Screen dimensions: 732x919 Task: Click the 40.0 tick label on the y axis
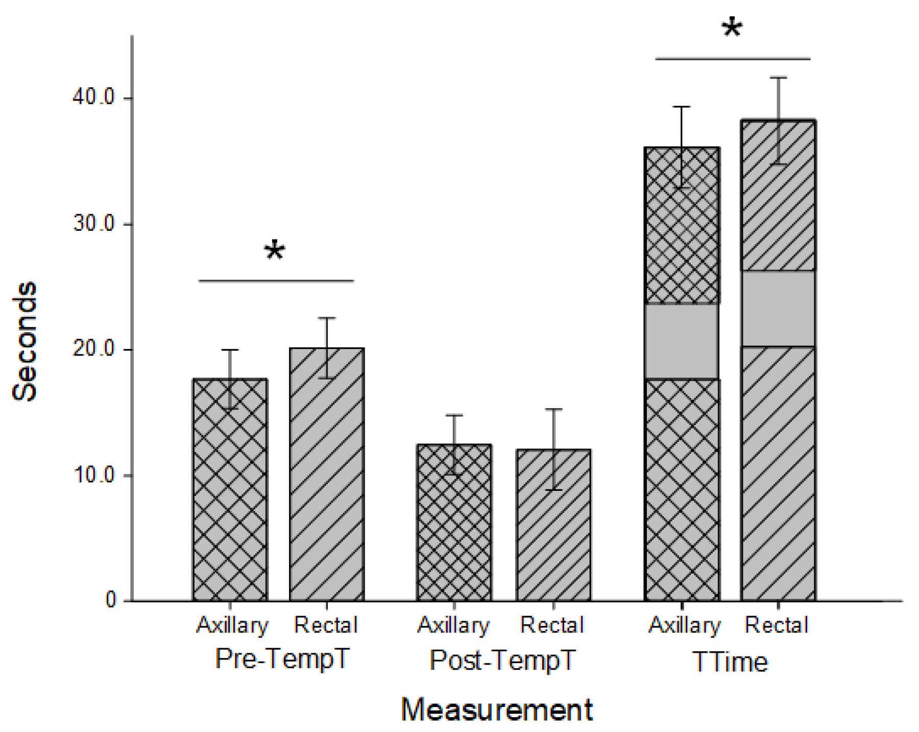pyautogui.click(x=94, y=97)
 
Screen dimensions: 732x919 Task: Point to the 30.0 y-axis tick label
pyautogui.click(x=94, y=223)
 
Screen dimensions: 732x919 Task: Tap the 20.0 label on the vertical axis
pyautogui.click(x=94, y=349)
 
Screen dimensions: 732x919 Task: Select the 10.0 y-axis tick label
pyautogui.click(x=94, y=475)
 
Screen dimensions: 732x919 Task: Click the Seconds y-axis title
pyautogui.click(x=25, y=341)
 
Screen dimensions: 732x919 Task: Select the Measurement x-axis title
pyautogui.click(x=496, y=710)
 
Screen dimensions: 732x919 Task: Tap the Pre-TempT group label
pyautogui.click(x=282, y=658)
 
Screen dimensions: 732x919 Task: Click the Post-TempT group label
pyautogui.click(x=502, y=660)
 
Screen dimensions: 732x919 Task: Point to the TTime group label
pyautogui.click(x=730, y=662)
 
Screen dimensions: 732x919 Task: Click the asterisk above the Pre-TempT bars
pyautogui.click(x=275, y=251)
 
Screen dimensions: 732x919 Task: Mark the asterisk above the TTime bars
pyautogui.click(x=732, y=28)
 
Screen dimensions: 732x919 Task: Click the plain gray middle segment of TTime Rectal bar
pyautogui.click(x=778, y=309)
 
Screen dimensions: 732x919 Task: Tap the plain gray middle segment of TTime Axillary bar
pyautogui.click(x=682, y=341)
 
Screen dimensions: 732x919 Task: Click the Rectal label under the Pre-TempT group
pyautogui.click(x=326, y=625)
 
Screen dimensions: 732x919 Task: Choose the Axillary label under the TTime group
pyautogui.click(x=684, y=625)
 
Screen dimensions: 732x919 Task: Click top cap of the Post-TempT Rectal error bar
pyautogui.click(x=553, y=409)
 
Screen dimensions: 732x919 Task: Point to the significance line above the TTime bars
pyautogui.click(x=732, y=59)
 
